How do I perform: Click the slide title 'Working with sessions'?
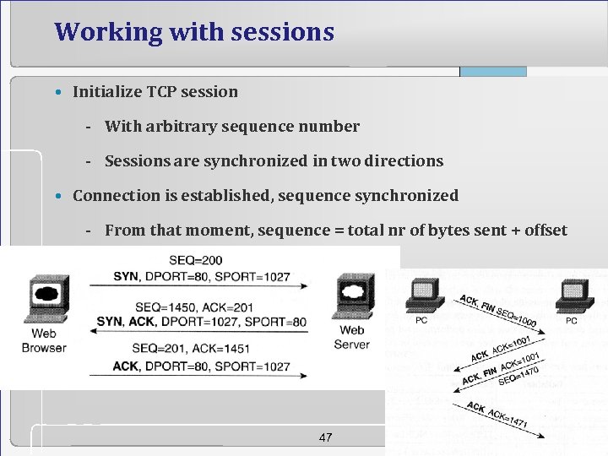pyautogui.click(x=194, y=32)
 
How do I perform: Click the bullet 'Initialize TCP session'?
pyautogui.click(x=155, y=91)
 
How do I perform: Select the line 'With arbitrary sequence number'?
pyautogui.click(x=231, y=126)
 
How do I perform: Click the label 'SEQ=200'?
pyautogui.click(x=196, y=260)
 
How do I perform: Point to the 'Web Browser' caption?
pyautogui.click(x=43, y=340)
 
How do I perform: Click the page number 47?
pyautogui.click(x=325, y=437)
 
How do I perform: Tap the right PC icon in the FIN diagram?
pyautogui.click(x=572, y=296)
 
